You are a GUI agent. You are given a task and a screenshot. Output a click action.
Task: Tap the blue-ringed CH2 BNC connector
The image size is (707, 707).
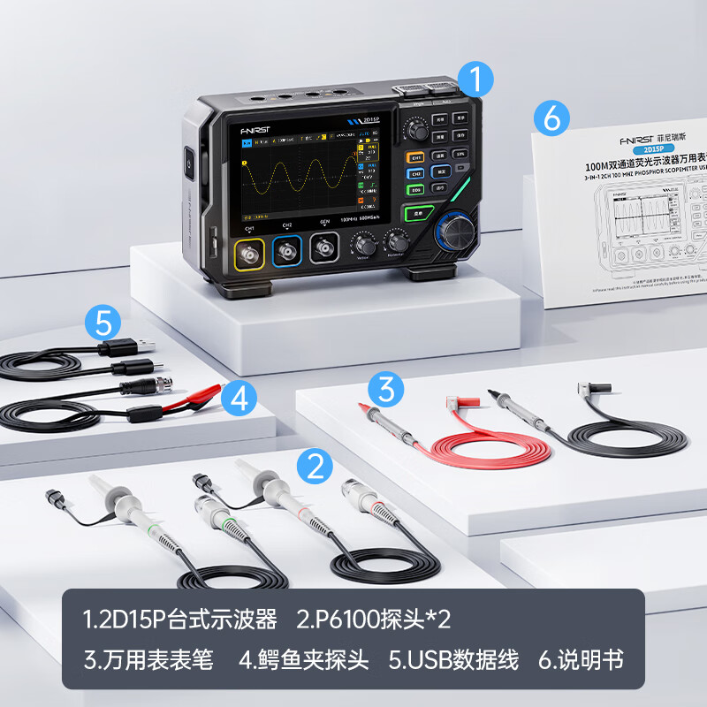pyautogui.click(x=286, y=254)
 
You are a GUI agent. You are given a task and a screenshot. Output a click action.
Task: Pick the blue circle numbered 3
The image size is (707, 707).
pyautogui.click(x=385, y=389)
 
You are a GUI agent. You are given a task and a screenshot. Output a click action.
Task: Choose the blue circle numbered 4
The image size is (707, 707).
pyautogui.click(x=239, y=399)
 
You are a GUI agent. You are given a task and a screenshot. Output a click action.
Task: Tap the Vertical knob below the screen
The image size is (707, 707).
pyautogui.click(x=361, y=243)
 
